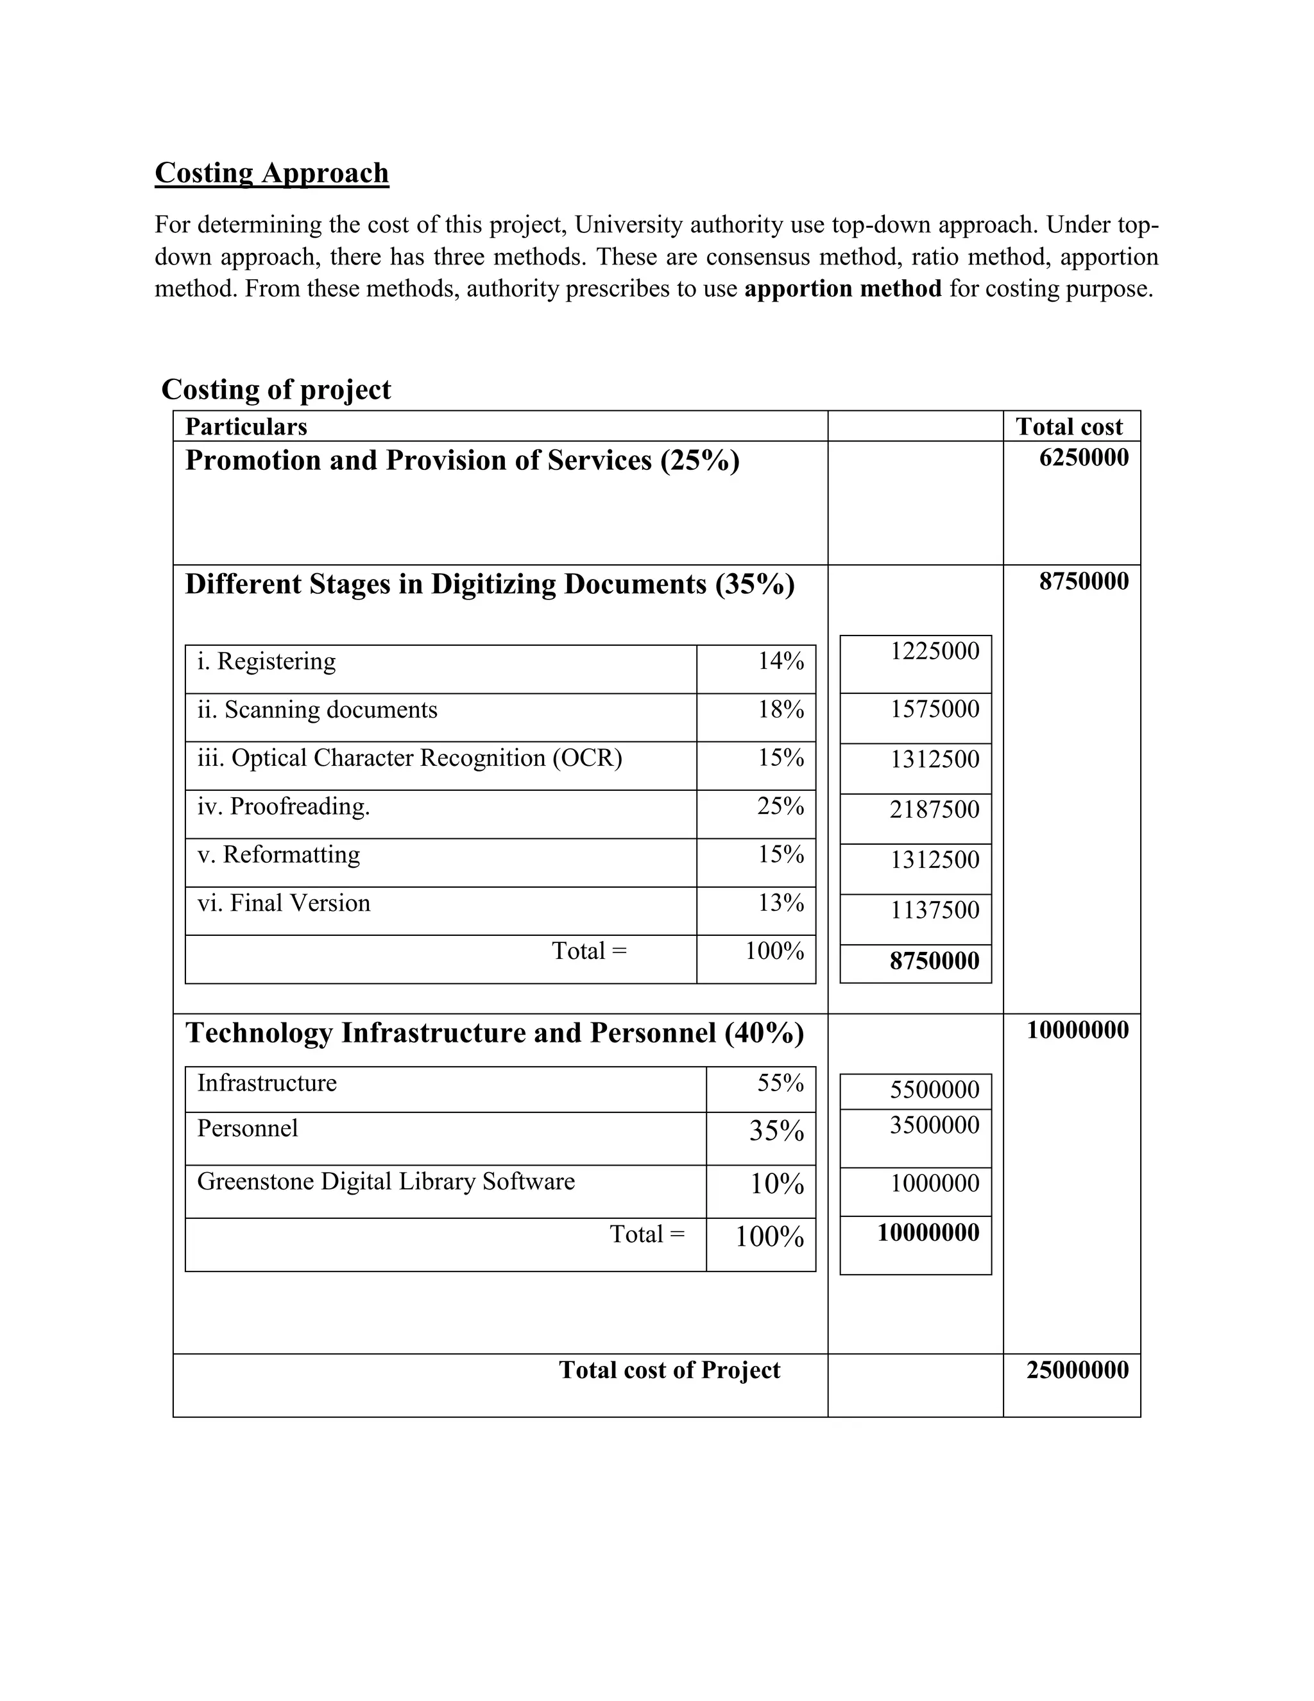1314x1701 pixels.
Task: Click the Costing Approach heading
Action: [271, 173]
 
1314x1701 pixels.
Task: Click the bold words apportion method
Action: [842, 289]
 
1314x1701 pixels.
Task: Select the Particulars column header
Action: [246, 427]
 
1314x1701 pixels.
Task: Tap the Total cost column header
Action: [1069, 427]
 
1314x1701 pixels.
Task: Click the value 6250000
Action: [1084, 458]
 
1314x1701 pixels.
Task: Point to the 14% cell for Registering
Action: [781, 661]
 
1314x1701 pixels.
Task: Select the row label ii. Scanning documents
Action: [317, 709]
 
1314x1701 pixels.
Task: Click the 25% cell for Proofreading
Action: [781, 806]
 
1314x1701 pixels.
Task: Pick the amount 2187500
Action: [934, 810]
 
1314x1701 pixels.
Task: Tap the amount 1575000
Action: [934, 709]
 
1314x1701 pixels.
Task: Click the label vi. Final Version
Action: [284, 904]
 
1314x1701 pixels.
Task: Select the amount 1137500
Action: [934, 910]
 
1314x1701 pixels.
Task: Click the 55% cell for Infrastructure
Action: [780, 1084]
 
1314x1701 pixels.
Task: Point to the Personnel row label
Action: [248, 1128]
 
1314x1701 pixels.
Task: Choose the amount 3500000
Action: [934, 1125]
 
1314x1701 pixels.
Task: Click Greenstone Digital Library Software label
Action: [386, 1182]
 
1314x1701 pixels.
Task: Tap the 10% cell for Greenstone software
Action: [777, 1185]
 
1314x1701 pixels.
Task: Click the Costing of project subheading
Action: [275, 390]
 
